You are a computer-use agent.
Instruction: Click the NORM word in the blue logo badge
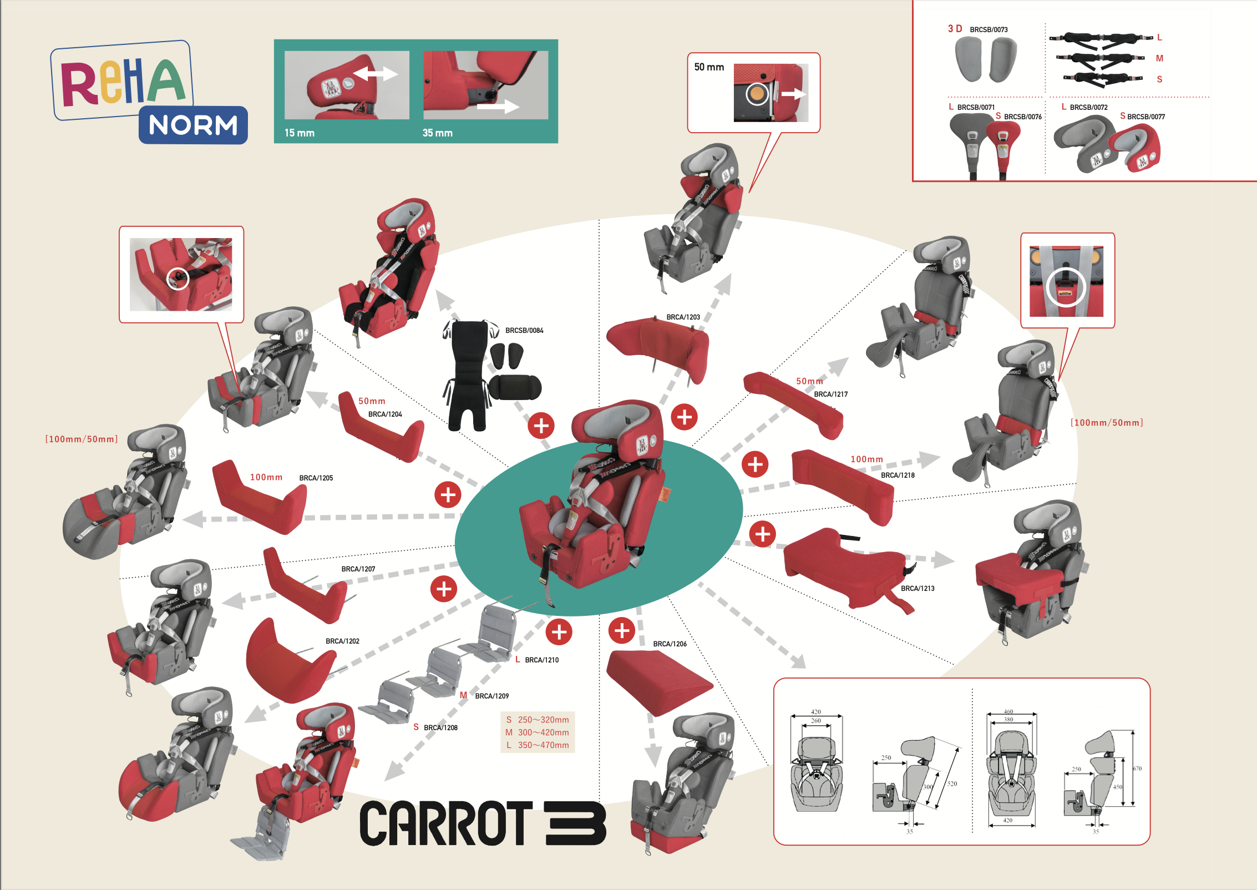[x=193, y=125]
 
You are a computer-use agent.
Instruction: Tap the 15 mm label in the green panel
[x=300, y=133]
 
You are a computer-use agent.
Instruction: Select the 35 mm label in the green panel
[x=438, y=133]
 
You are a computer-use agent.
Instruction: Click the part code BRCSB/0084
[x=524, y=331]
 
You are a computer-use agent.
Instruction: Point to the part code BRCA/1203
[x=683, y=317]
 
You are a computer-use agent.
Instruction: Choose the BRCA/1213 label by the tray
[x=918, y=589]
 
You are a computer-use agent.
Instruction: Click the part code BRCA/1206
[x=670, y=644]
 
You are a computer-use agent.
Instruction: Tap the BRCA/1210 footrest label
[x=541, y=660]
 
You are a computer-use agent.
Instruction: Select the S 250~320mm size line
[x=538, y=720]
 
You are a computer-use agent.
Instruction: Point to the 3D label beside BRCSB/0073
[x=955, y=29]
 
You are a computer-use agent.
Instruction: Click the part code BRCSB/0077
[x=1146, y=117]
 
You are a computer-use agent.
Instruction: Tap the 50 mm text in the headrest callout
[x=709, y=67]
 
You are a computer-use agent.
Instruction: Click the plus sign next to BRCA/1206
[x=622, y=631]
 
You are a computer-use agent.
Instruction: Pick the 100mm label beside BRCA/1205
[x=266, y=478]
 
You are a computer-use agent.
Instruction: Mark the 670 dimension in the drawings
[x=1137, y=769]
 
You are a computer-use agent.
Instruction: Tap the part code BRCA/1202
[x=342, y=641]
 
